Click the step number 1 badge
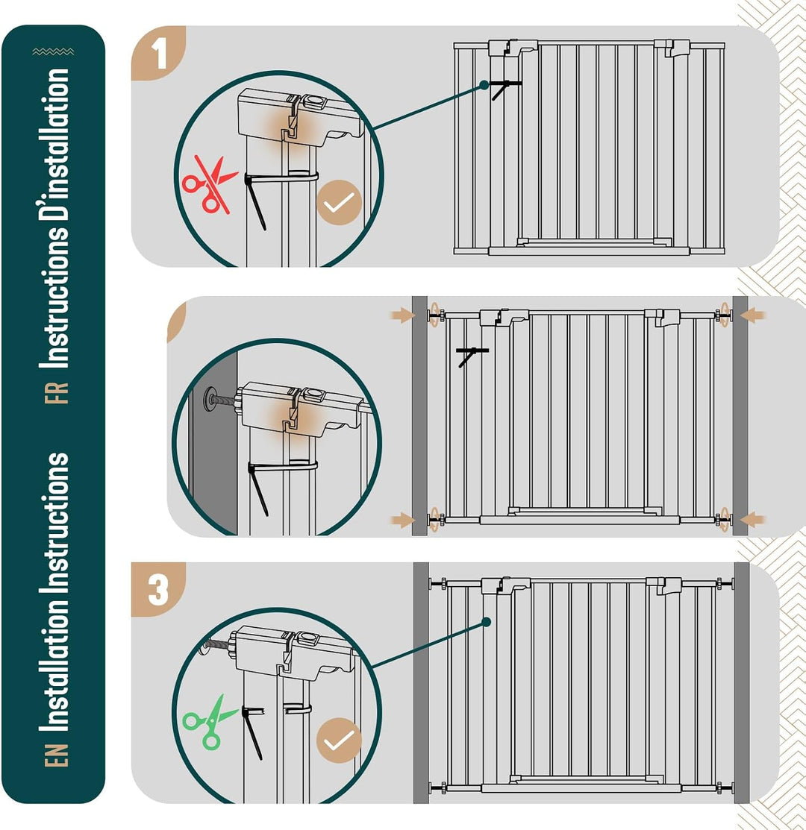157,53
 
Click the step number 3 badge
157,589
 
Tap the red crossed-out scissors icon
210,184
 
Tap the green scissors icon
209,722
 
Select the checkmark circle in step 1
339,202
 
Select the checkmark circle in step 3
339,740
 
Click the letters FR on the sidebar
57,393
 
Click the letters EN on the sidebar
57,755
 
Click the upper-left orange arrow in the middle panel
402,315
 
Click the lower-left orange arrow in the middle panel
402,521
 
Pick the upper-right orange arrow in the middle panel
752,315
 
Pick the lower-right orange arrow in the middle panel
752,521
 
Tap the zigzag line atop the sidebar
53,51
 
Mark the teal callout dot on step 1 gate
484,85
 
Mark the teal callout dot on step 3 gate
487,623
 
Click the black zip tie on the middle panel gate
472,356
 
